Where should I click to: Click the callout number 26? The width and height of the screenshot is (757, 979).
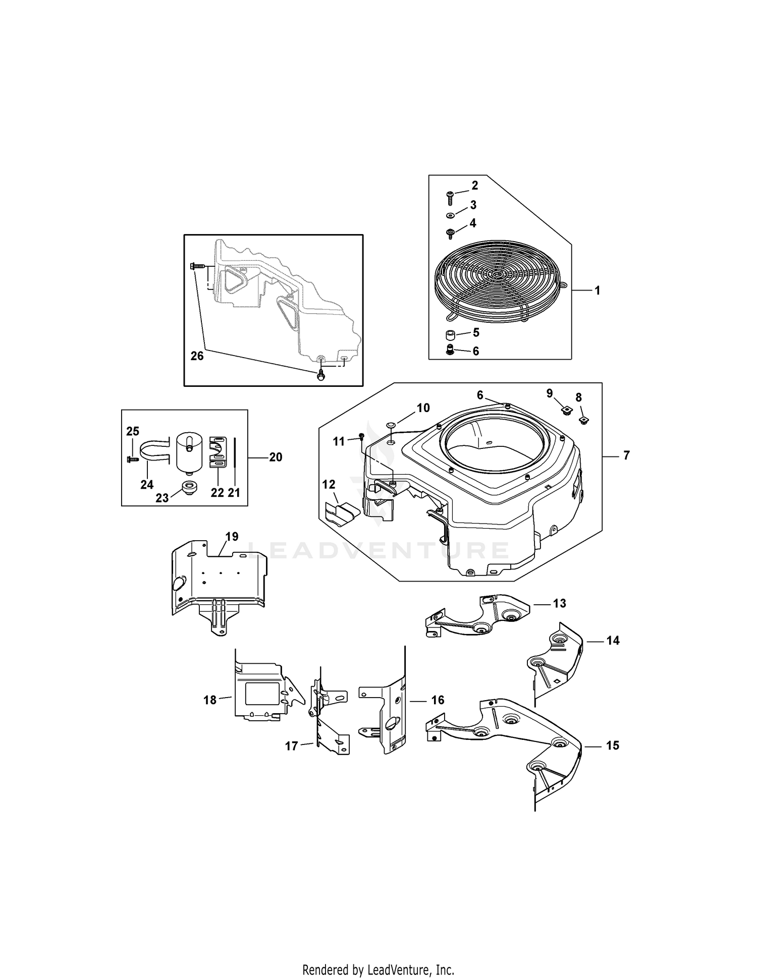tap(197, 356)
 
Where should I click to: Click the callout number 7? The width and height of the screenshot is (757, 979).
tap(626, 455)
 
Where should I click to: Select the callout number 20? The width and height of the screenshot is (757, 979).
tap(276, 457)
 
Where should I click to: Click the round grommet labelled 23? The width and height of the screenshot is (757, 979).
tap(190, 488)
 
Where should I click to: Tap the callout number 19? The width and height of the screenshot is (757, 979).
tap(232, 536)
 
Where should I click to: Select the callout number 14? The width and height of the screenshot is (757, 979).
tap(613, 641)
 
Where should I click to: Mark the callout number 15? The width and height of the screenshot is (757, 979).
tap(612, 745)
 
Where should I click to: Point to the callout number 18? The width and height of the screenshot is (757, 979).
tap(209, 700)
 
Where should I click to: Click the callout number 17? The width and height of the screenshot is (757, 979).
tap(291, 746)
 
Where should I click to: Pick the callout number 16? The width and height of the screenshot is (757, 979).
tap(438, 700)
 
